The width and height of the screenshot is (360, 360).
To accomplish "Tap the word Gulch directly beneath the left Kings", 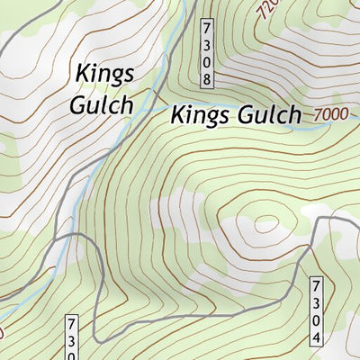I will click(x=101, y=103).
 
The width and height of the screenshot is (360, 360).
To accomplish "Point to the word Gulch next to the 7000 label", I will click(x=267, y=115).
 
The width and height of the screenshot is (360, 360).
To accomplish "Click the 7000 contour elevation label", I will click(x=330, y=115).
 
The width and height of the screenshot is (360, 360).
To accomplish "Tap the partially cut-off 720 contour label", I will click(x=265, y=10).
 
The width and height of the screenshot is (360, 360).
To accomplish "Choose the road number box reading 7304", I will click(x=316, y=311).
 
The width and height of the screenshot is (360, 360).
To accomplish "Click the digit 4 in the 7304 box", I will click(x=316, y=338).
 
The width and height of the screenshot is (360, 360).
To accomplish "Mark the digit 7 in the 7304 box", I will click(x=316, y=285).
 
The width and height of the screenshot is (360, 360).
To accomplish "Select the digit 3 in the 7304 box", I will click(x=316, y=302).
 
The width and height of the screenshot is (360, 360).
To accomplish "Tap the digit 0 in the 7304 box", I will click(x=316, y=320).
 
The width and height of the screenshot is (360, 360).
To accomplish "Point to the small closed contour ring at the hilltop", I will click(x=265, y=223).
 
